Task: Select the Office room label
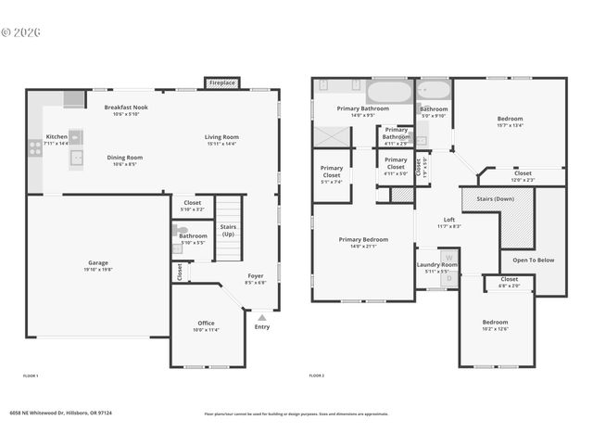point(206,325)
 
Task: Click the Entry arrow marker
point(261,318)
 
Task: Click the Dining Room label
point(124,160)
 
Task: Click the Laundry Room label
point(436,267)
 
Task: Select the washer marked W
point(449,258)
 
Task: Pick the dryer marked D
point(449,276)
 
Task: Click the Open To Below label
point(534,260)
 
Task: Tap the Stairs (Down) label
point(495,198)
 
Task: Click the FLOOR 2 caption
point(317,375)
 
